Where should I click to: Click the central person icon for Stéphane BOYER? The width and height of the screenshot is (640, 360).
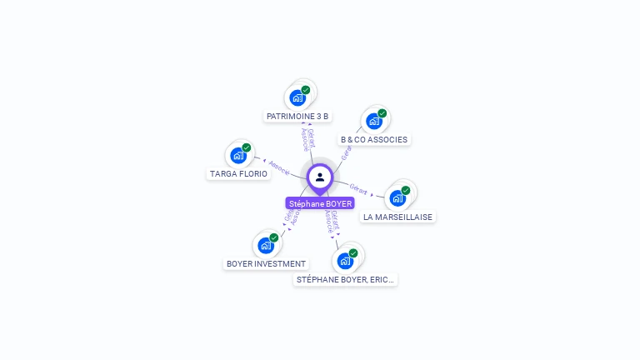320,177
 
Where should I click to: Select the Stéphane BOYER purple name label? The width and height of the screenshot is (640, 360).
320,203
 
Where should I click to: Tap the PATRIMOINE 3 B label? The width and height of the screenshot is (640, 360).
297,116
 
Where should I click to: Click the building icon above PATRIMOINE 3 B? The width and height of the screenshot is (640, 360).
297,97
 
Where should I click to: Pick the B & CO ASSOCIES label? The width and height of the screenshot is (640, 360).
374,139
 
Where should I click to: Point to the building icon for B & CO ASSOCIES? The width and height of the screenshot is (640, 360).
373,121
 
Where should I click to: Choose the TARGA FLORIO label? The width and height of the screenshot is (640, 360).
238,173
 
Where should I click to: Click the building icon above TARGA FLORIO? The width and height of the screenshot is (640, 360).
238,155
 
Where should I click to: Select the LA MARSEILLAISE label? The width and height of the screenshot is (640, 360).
397,216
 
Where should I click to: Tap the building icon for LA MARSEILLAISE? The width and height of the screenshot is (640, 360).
397,197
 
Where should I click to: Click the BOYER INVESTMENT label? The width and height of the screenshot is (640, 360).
266,263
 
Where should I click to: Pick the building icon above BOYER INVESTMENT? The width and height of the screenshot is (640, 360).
265,245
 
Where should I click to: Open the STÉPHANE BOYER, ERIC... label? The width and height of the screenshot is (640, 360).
345,279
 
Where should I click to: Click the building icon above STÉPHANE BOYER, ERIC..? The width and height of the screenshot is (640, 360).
344,261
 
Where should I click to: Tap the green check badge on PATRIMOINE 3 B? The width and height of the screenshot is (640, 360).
306,90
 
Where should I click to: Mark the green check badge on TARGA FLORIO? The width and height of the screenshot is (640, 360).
247,147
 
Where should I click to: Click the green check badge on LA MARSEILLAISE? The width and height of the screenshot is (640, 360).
406,190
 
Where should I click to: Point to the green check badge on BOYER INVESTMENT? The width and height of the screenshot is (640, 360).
274,237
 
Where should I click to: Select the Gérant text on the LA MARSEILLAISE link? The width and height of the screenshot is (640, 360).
358,189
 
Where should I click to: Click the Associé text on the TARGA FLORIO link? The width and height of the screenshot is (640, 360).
279,166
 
